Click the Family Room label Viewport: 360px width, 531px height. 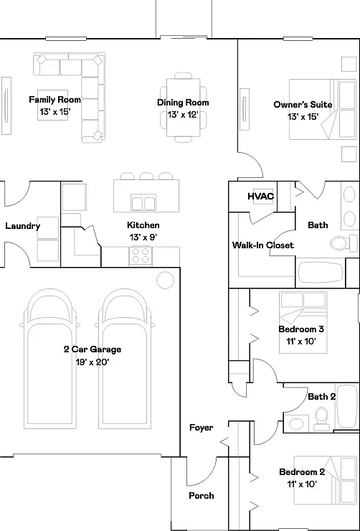click(x=55, y=100)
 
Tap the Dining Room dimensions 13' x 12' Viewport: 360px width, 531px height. click(x=183, y=115)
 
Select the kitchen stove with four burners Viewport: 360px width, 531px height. click(x=141, y=255)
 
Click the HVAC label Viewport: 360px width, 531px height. click(x=261, y=197)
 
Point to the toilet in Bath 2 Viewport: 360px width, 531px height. click(x=321, y=418)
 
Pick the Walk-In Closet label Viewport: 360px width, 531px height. click(x=263, y=245)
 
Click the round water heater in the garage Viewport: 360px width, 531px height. click(x=166, y=280)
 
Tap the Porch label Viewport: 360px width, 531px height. click(x=202, y=496)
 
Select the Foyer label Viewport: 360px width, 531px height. click(x=202, y=428)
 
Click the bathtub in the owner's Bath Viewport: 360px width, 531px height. click(x=320, y=273)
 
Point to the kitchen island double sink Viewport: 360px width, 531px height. click(x=143, y=202)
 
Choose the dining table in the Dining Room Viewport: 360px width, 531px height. click(x=183, y=108)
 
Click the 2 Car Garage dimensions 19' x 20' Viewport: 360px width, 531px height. click(x=93, y=362)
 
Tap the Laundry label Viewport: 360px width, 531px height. click(x=23, y=226)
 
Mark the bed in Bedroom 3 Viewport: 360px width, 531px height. click(x=303, y=322)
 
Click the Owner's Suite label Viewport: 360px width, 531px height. click(x=303, y=105)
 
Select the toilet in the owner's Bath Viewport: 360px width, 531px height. click(x=343, y=243)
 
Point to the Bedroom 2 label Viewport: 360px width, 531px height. click(x=302, y=471)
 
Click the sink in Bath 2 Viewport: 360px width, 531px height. click(x=296, y=423)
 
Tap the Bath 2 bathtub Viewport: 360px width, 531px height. click(x=348, y=406)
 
